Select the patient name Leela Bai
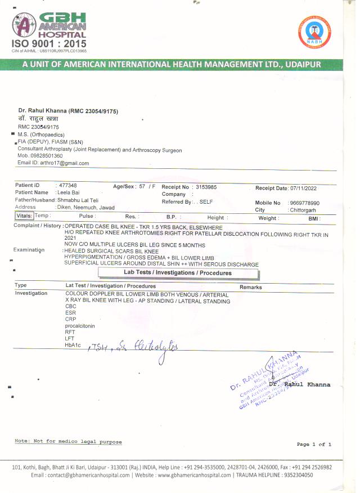click(68, 192)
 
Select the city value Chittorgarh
click(307, 210)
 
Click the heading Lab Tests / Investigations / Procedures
click(178, 273)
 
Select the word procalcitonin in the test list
click(80, 326)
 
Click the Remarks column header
click(251, 287)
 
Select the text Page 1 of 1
click(314, 445)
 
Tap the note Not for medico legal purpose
click(68, 442)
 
